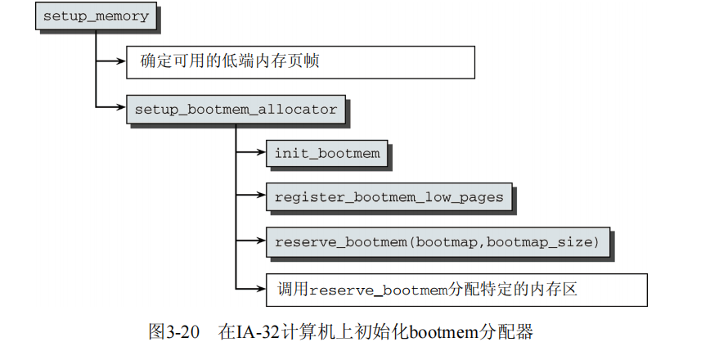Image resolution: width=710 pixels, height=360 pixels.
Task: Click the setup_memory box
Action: tap(96, 16)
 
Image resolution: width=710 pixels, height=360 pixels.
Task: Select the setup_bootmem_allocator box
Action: tap(236, 109)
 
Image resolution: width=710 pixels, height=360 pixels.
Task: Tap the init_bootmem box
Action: tap(326, 153)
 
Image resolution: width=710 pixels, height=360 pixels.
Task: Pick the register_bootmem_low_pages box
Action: tap(389, 197)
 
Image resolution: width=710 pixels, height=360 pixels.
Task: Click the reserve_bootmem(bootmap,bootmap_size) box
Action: tap(438, 241)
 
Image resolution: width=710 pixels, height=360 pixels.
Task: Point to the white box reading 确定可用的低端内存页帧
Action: tap(299, 61)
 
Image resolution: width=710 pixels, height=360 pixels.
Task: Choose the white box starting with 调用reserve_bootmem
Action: tap(456, 288)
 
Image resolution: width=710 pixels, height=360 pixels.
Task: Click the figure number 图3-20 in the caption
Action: tap(174, 333)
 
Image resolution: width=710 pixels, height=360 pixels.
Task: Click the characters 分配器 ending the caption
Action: tap(513, 333)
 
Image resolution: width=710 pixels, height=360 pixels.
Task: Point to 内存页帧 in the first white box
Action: tap(300, 61)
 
